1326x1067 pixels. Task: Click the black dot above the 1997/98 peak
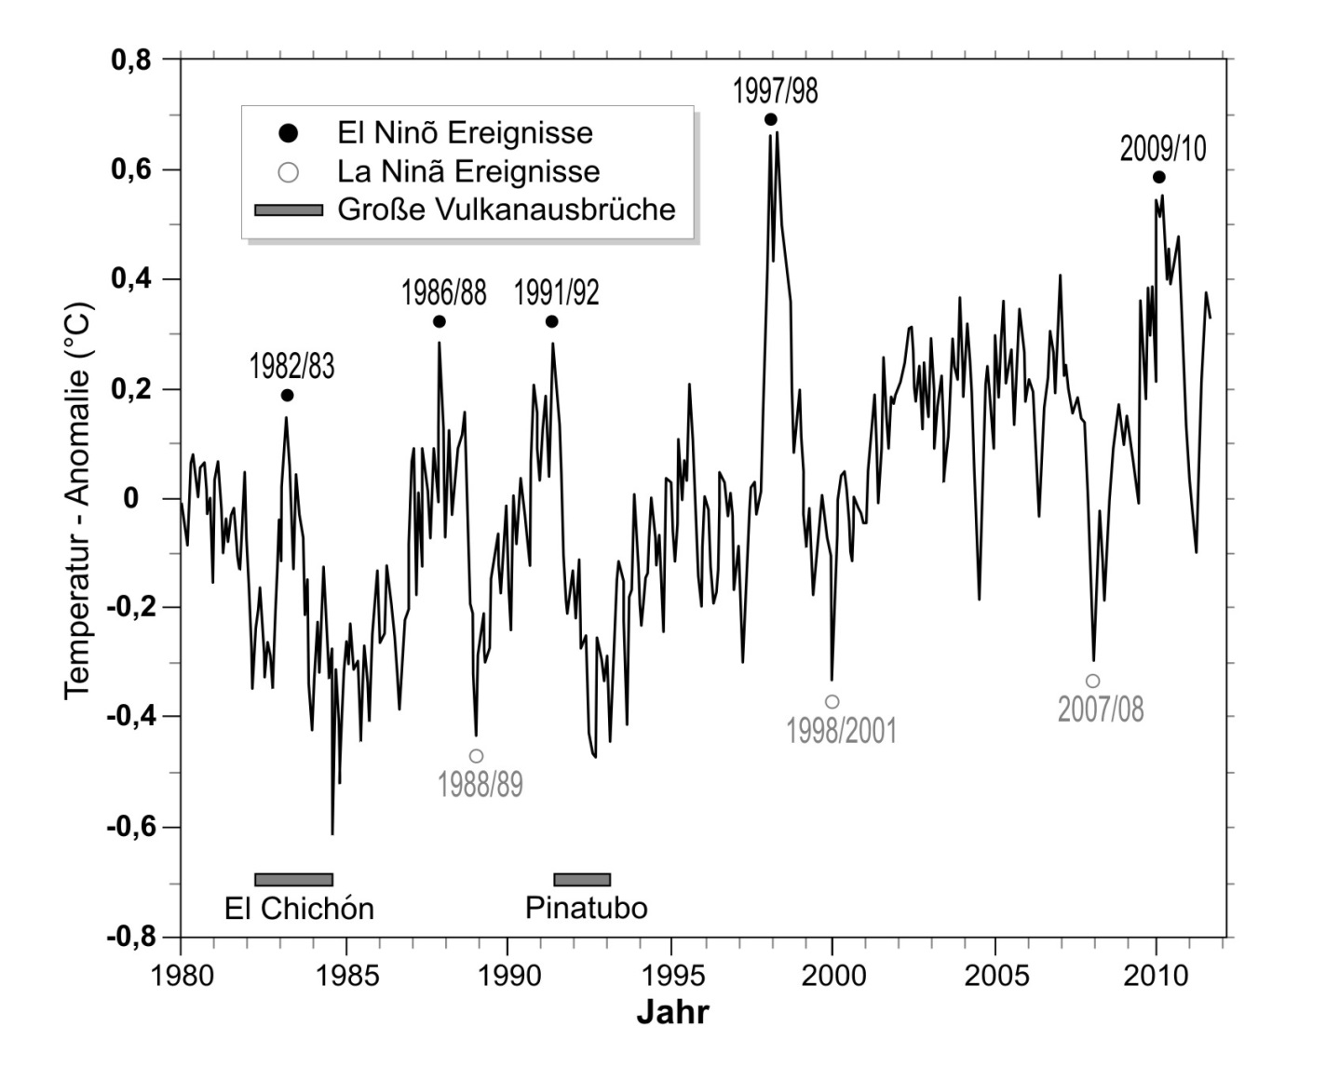tap(770, 119)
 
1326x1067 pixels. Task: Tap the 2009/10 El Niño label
tap(1162, 149)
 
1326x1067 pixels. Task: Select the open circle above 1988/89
tap(476, 756)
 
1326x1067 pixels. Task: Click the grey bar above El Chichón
tap(293, 880)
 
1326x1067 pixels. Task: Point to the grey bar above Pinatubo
tap(582, 880)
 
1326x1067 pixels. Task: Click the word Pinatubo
tap(586, 908)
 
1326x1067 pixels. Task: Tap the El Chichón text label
tap(299, 908)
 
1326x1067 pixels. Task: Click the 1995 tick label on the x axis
tap(670, 976)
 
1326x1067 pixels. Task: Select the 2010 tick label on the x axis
tap(1157, 976)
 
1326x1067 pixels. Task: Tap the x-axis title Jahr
tap(672, 1012)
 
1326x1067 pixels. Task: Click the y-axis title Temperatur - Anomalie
tap(78, 498)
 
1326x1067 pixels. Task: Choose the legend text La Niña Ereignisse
tap(468, 171)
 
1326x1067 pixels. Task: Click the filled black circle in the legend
tap(289, 133)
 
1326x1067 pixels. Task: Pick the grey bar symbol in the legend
tap(289, 209)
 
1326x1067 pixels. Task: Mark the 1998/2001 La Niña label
tap(841, 731)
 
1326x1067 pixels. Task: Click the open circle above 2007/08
tap(1092, 682)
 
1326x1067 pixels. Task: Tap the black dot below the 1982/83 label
tap(287, 396)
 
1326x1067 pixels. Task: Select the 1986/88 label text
tap(443, 293)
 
